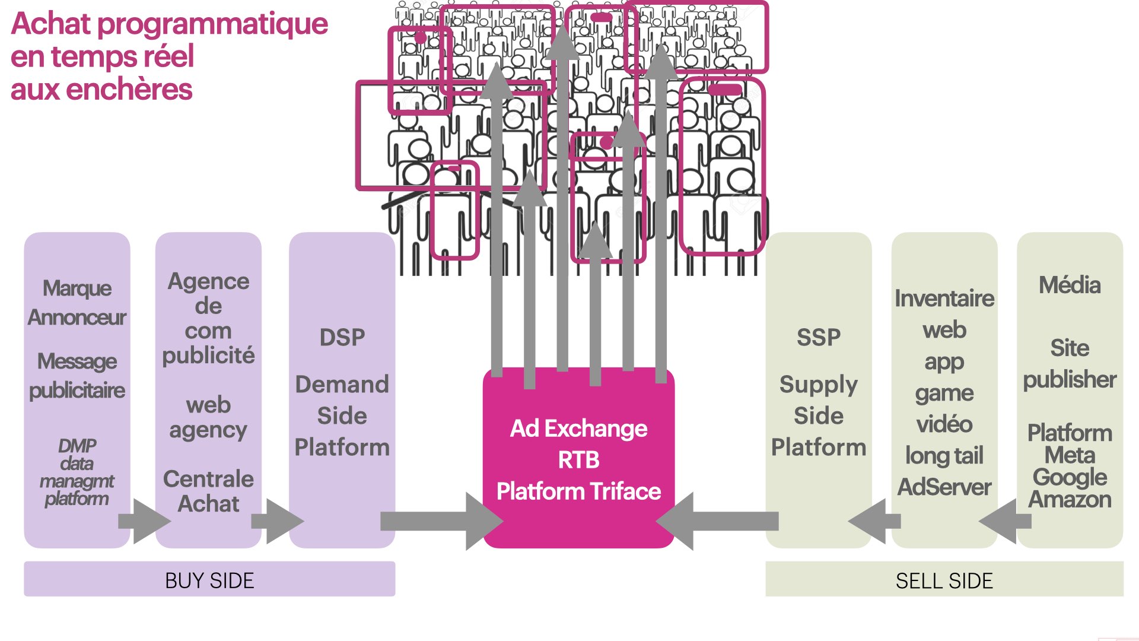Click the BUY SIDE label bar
pyautogui.click(x=209, y=579)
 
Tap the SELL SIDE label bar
pyautogui.click(x=944, y=580)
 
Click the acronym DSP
pyautogui.click(x=342, y=337)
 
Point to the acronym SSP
pyautogui.click(x=818, y=337)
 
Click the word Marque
pyautogui.click(x=77, y=288)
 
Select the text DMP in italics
pyautogui.click(x=77, y=445)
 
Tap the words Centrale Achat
pyautogui.click(x=208, y=491)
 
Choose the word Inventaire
pyautogui.click(x=944, y=298)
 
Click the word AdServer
pyautogui.click(x=944, y=487)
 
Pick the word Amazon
pyautogui.click(x=1070, y=500)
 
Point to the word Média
pyautogui.click(x=1070, y=285)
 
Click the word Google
pyautogui.click(x=1070, y=477)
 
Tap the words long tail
pyautogui.click(x=944, y=456)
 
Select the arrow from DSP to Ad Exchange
pyautogui.click(x=439, y=521)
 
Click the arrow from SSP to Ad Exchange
pyautogui.click(x=718, y=521)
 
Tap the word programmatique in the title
pyautogui.click(x=212, y=24)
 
